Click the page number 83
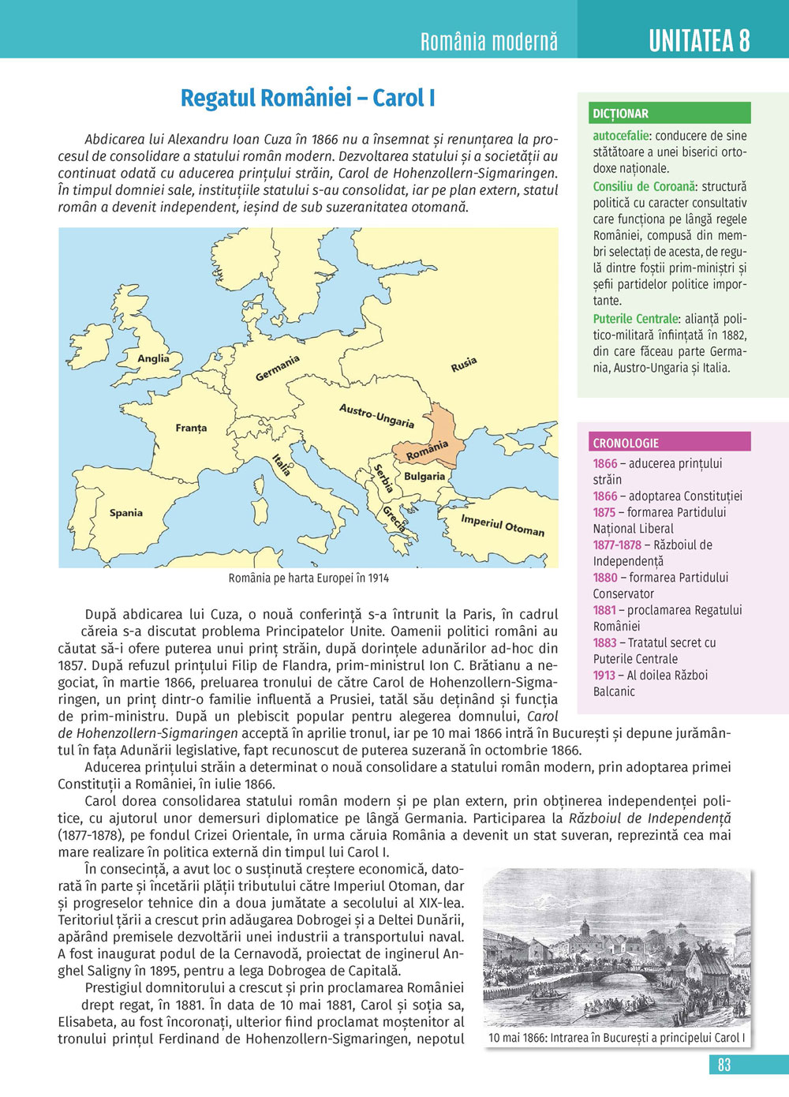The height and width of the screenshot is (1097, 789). pyautogui.click(x=724, y=1065)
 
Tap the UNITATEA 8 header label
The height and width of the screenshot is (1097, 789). pyautogui.click(x=699, y=40)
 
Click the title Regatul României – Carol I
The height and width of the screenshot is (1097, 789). pyautogui.click(x=308, y=98)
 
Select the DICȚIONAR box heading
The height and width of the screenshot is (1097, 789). pyautogui.click(x=621, y=114)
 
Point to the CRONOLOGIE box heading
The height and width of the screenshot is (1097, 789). pyautogui.click(x=626, y=443)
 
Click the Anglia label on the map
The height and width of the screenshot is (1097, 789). pyautogui.click(x=153, y=358)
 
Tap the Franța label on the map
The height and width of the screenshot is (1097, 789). pyautogui.click(x=191, y=428)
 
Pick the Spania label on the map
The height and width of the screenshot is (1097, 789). pyautogui.click(x=126, y=513)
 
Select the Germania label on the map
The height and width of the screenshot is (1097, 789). pyautogui.click(x=278, y=369)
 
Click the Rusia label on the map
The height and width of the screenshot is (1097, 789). pyautogui.click(x=464, y=365)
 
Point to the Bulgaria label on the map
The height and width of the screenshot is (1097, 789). pyautogui.click(x=424, y=477)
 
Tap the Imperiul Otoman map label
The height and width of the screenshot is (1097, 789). pyautogui.click(x=503, y=526)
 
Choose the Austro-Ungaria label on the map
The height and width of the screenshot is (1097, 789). pyautogui.click(x=376, y=415)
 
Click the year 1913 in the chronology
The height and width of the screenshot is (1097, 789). pyautogui.click(x=604, y=676)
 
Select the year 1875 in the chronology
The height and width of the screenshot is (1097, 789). pyautogui.click(x=604, y=512)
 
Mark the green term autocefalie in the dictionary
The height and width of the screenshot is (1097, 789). pyautogui.click(x=621, y=136)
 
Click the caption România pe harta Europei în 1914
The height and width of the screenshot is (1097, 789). pyautogui.click(x=308, y=578)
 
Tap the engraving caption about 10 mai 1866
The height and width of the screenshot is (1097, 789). pyautogui.click(x=616, y=1038)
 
